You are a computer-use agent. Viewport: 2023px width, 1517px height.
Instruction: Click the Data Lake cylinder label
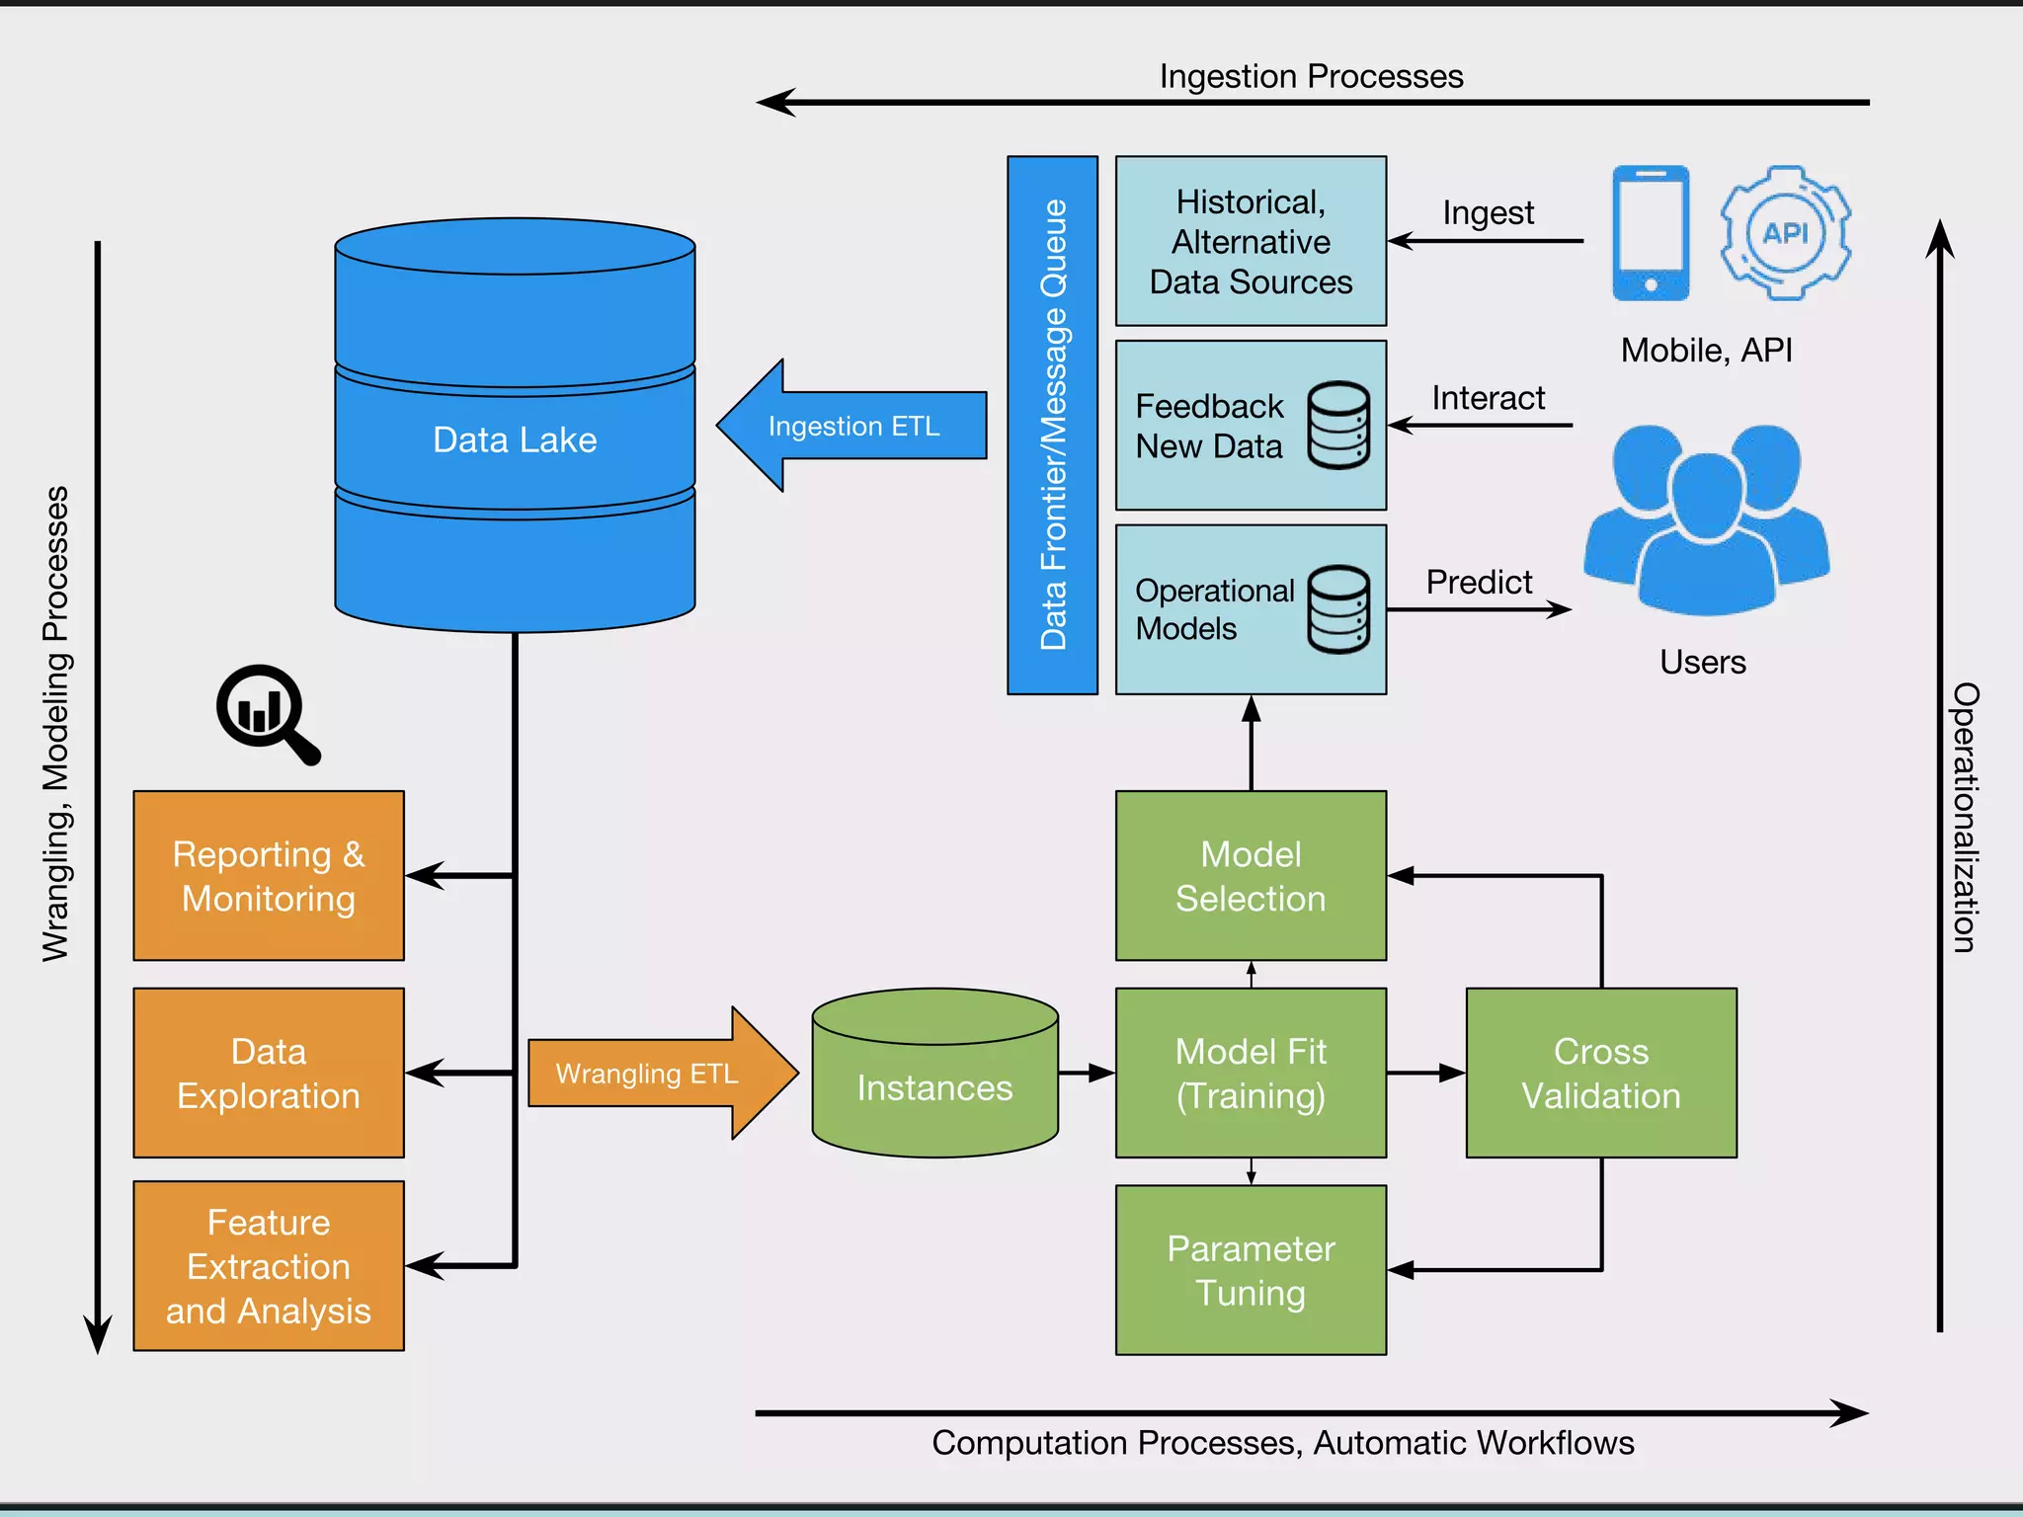click(515, 439)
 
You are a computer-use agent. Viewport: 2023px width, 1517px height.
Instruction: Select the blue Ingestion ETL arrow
click(851, 426)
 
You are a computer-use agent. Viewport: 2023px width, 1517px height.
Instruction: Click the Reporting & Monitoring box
click(269, 876)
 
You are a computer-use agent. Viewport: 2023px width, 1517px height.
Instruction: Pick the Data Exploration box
click(269, 1074)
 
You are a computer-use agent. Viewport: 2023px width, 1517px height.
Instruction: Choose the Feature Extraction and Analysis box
click(269, 1266)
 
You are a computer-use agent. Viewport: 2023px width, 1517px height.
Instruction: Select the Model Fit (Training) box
click(1251, 1074)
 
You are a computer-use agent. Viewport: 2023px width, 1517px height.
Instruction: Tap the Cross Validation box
click(1601, 1074)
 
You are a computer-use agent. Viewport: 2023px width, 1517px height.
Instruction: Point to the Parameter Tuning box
click(1251, 1270)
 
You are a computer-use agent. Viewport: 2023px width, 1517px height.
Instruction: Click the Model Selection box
click(1251, 876)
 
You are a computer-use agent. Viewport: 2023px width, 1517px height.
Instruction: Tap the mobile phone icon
click(1651, 233)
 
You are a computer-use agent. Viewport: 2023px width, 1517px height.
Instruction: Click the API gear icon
click(1785, 233)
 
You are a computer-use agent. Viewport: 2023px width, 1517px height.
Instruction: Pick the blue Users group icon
click(1706, 519)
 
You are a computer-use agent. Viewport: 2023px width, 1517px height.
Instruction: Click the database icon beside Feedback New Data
click(1338, 426)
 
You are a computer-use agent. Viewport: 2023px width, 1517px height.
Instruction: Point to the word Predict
click(1479, 583)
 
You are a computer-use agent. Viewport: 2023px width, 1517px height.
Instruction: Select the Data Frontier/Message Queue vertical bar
click(1053, 426)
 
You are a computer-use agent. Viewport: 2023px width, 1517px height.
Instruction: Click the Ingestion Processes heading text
click(1311, 77)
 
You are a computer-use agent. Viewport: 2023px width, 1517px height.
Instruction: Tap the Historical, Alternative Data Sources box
click(1251, 242)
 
